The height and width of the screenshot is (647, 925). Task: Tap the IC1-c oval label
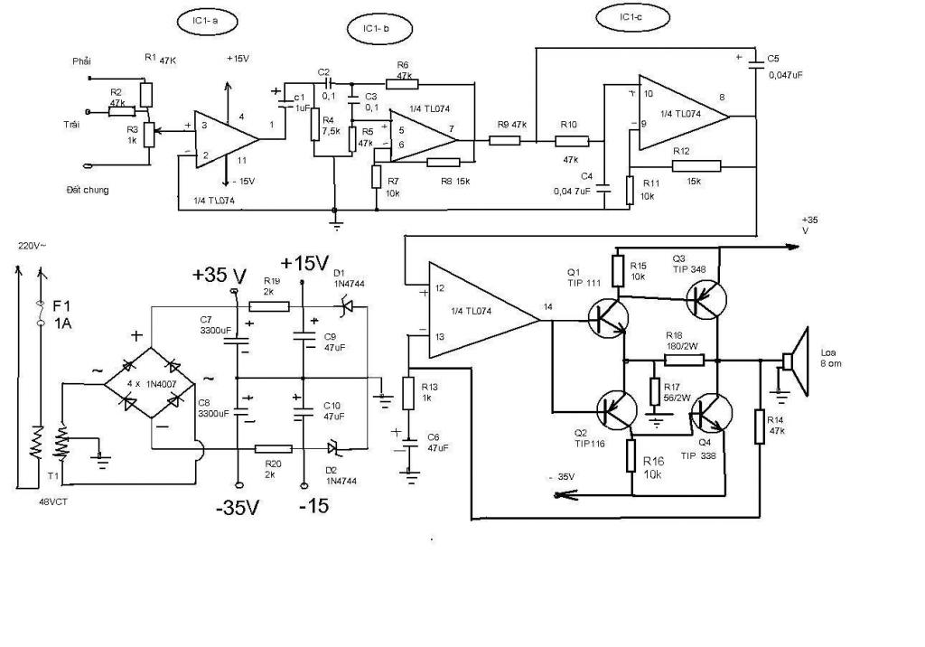pos(631,17)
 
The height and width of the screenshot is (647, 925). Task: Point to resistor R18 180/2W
pos(685,360)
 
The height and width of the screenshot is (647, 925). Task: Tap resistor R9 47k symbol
pos(500,140)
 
